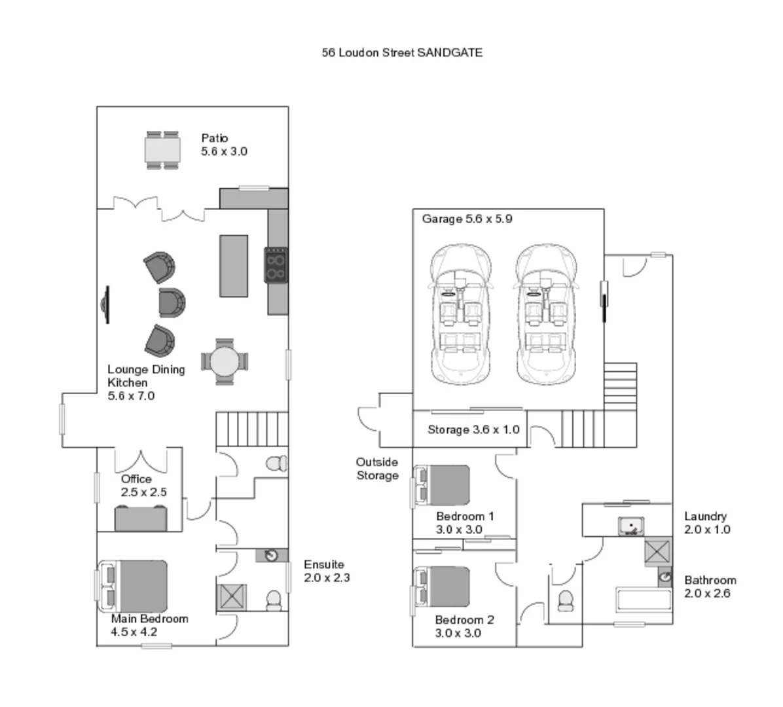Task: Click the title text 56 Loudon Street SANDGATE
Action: point(402,52)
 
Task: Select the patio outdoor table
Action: point(162,151)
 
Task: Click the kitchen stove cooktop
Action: point(276,264)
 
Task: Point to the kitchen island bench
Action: point(234,266)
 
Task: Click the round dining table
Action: point(225,361)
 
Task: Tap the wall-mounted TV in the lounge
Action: point(105,304)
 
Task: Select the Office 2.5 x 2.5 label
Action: point(143,486)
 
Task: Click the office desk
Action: point(141,518)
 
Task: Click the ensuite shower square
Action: point(231,596)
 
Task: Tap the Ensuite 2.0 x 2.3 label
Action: point(326,571)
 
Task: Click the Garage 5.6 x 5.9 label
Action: point(467,219)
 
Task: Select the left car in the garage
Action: point(460,315)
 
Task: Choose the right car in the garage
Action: point(545,315)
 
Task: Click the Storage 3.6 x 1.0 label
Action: point(473,429)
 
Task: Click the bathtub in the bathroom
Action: point(644,600)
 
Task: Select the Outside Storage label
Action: point(377,469)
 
